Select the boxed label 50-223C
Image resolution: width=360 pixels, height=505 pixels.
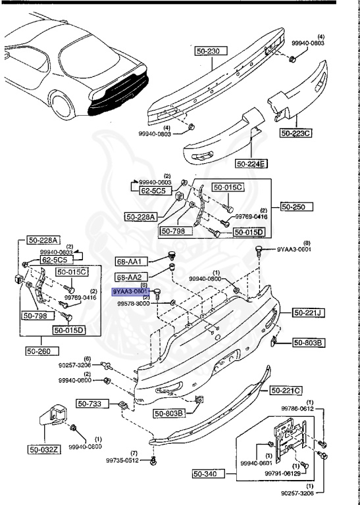[297, 133]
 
